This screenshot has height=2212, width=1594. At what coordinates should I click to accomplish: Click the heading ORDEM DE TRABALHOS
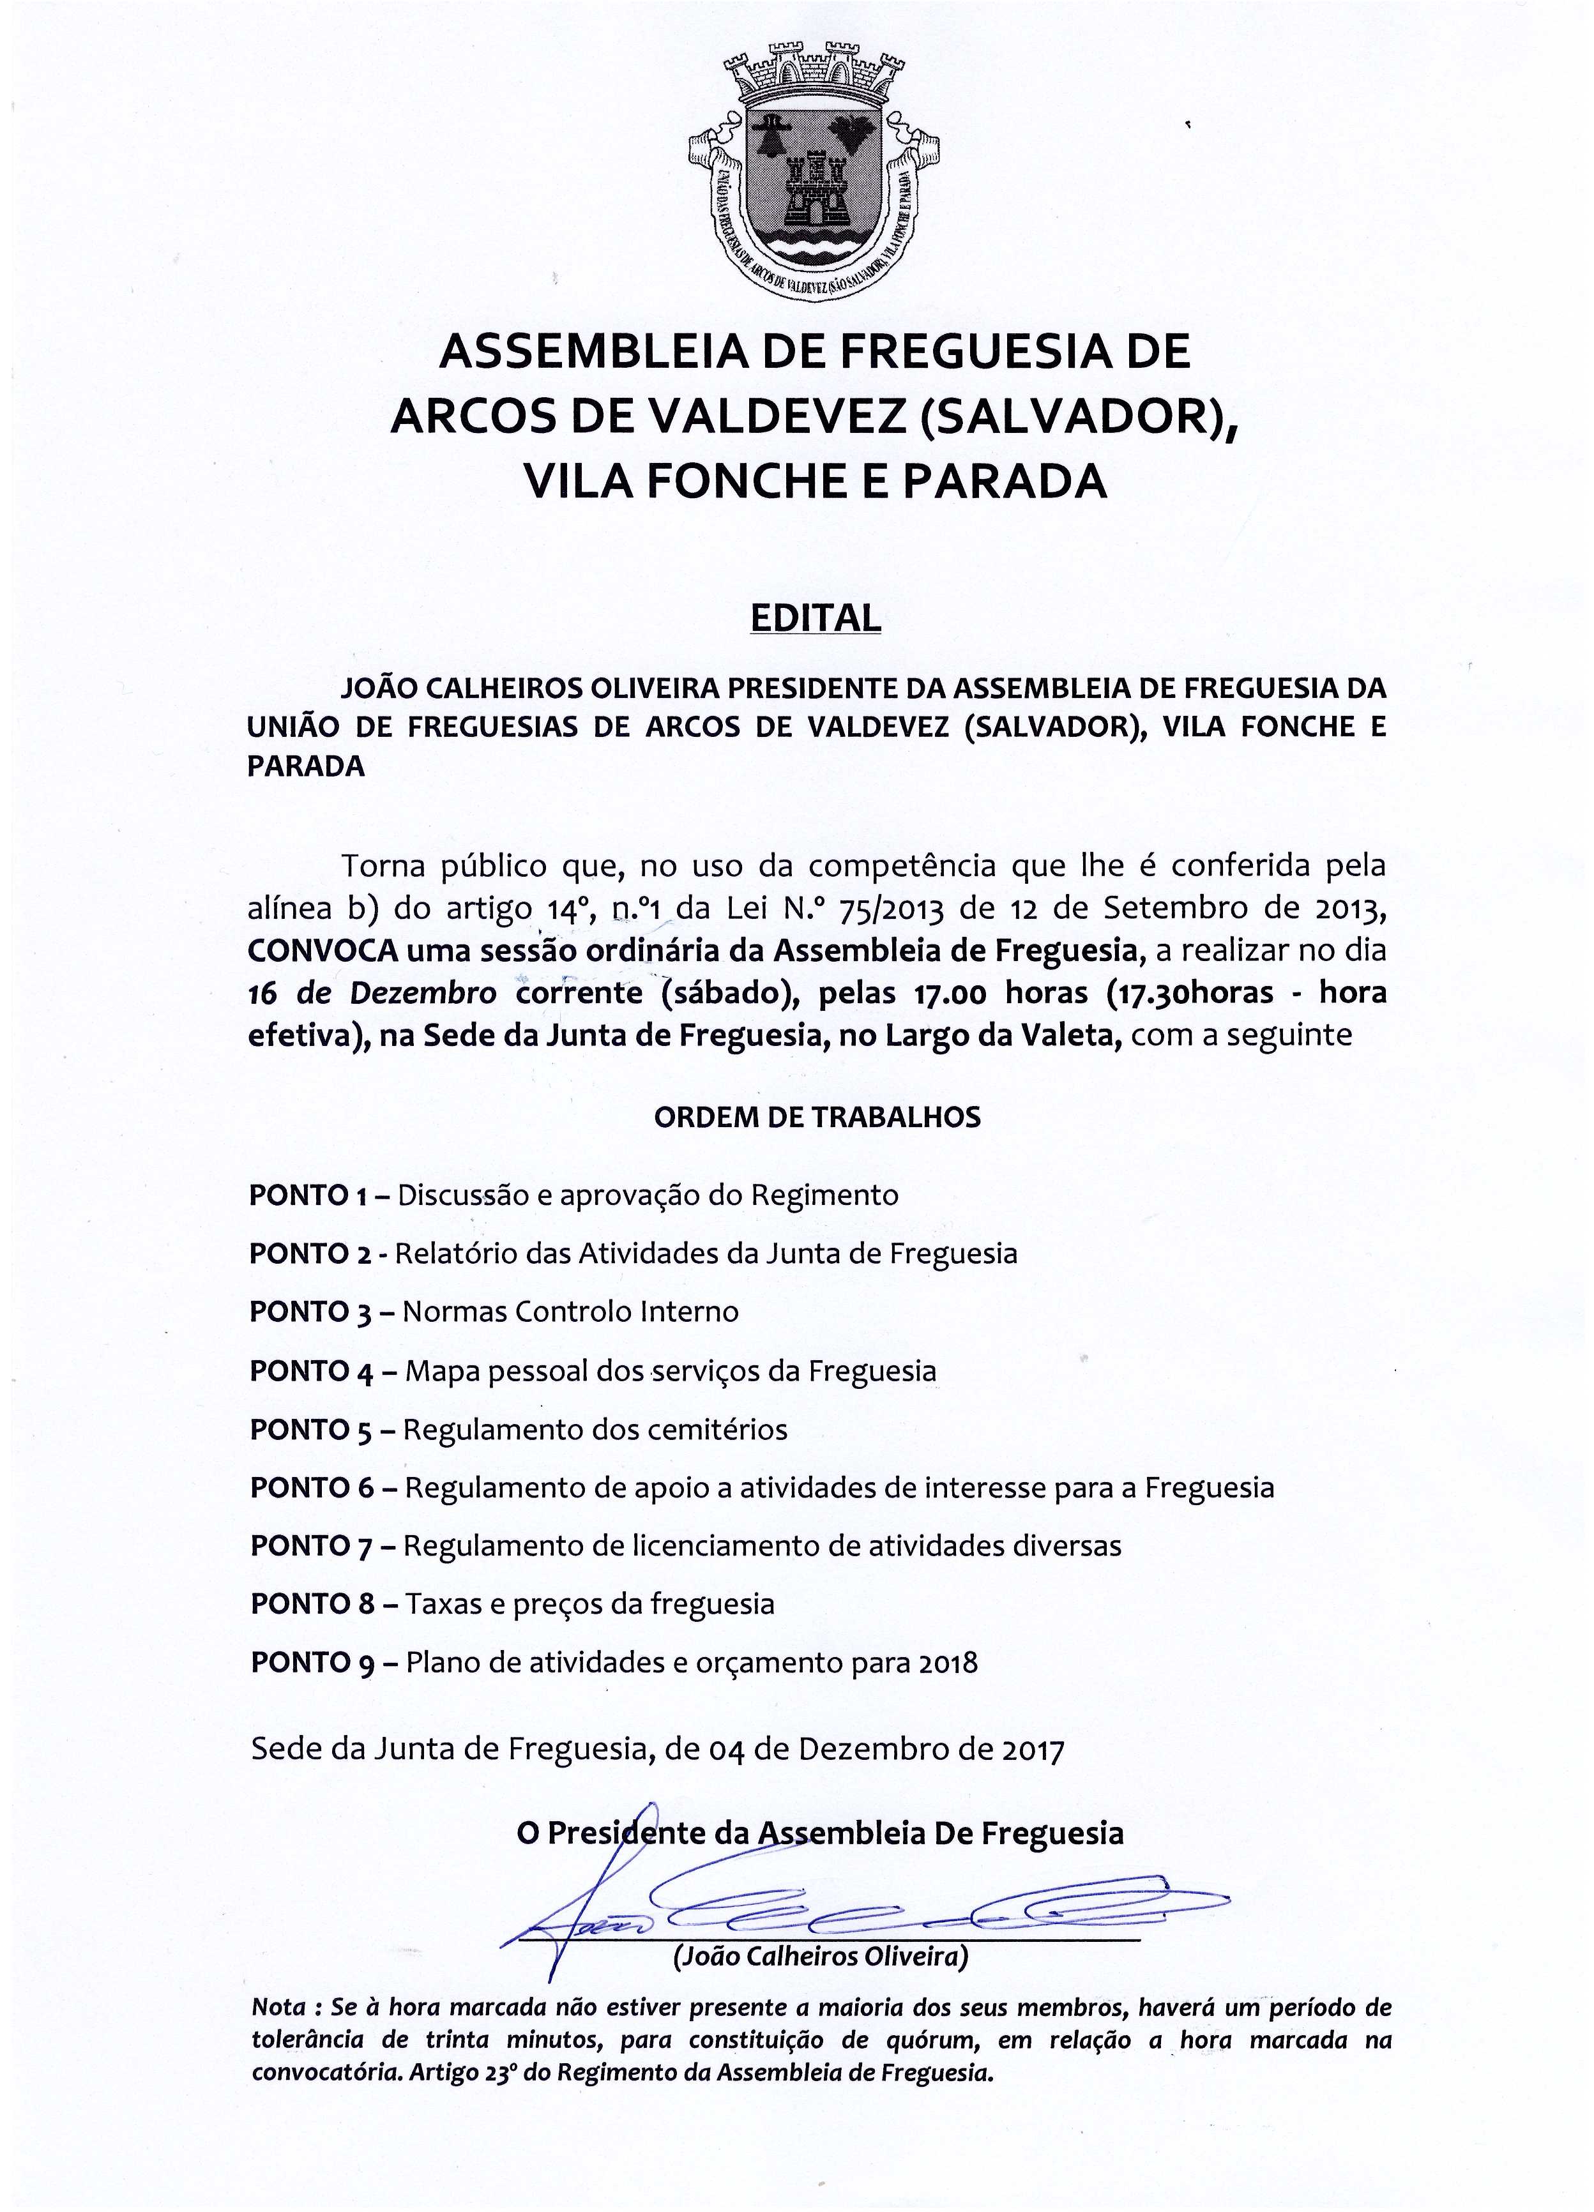817,1117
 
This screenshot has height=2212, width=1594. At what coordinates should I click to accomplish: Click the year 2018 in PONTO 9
948,1663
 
